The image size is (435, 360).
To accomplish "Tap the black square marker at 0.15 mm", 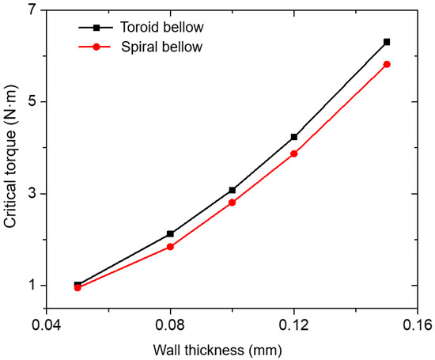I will tap(387, 41).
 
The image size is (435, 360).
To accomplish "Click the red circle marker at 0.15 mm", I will tap(387, 64).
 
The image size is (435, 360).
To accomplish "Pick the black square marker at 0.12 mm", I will tap(294, 137).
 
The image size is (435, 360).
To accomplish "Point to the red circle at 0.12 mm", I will tap(294, 153).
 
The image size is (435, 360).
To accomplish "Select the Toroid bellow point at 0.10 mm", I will tap(232, 190).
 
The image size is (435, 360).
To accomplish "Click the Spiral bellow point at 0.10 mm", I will tap(232, 203).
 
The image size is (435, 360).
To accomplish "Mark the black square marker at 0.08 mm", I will tap(170, 234).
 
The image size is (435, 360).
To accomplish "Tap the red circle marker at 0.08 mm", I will tap(170, 247).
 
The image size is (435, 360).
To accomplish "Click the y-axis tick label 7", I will tap(32, 10).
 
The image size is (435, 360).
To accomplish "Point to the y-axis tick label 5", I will tap(32, 102).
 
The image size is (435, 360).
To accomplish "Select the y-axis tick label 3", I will tap(32, 194).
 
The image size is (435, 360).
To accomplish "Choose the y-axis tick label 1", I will tap(32, 286).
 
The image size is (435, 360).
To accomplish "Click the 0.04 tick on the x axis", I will tap(47, 325).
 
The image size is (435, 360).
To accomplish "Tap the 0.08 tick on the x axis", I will tap(170, 325).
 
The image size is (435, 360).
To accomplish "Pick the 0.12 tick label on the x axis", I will tap(294, 325).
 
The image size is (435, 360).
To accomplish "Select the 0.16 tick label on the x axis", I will tap(417, 325).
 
